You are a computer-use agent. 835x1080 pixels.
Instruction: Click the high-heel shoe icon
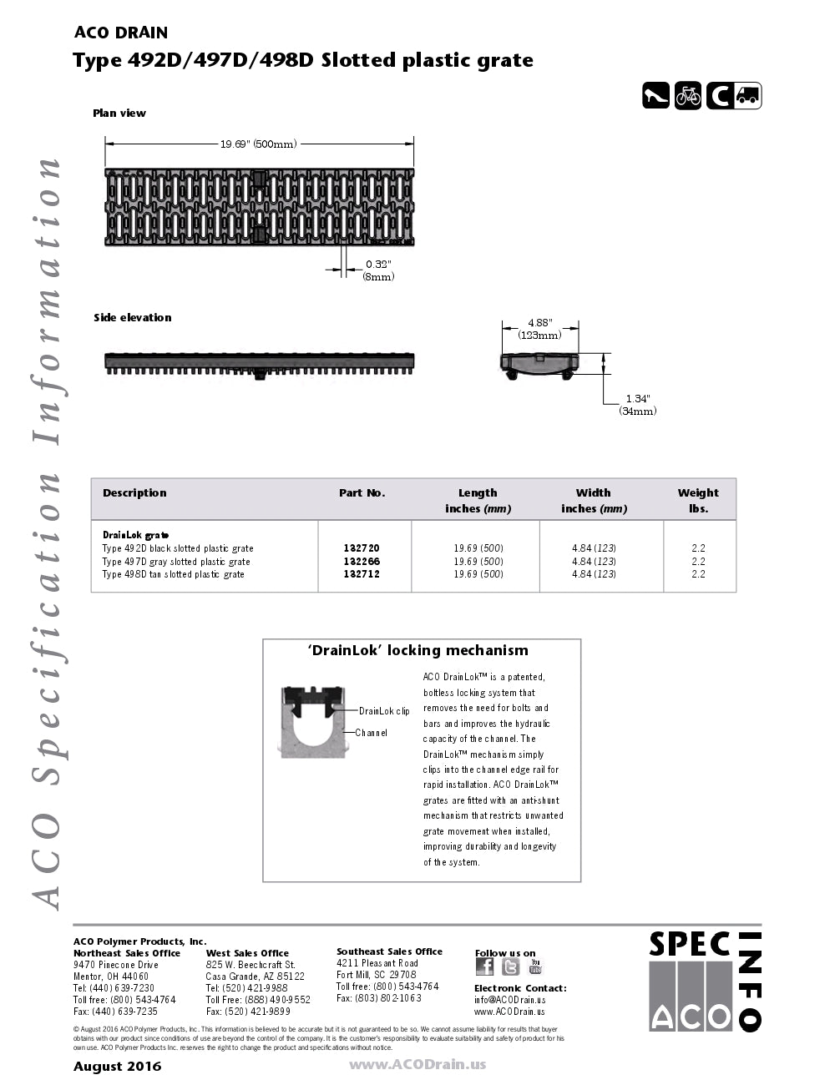pos(655,96)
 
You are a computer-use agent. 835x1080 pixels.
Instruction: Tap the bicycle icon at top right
pos(688,96)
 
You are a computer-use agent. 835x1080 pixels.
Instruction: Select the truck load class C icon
pos(734,96)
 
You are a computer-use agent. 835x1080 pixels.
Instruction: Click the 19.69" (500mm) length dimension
pos(258,144)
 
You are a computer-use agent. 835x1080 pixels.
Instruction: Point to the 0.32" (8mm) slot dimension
pos(378,270)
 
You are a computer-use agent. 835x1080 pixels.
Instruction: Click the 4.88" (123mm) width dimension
pos(539,329)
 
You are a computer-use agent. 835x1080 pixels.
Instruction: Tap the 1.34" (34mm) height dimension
pos(637,405)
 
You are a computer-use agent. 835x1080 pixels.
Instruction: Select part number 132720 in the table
pos(362,548)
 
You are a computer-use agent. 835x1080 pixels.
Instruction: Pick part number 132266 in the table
pos(362,562)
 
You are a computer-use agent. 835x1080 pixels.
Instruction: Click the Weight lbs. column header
pos(698,500)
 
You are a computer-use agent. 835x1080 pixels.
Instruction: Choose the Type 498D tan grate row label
pos(173,574)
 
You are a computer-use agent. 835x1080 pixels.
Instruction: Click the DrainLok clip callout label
pos(384,711)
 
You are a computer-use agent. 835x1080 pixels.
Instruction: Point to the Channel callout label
pos(371,733)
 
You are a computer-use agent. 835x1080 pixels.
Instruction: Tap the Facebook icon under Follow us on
pos(484,966)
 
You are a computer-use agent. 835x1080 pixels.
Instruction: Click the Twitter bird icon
pos(511,966)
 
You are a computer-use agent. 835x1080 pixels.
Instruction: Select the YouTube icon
pos(535,966)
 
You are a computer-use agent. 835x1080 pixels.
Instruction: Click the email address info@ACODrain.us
pos(509,1000)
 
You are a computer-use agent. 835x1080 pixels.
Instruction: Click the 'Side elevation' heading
pos(132,318)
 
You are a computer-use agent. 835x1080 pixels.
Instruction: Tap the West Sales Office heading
pos(247,953)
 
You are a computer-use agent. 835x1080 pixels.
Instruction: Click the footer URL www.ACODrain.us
pos(417,1065)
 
